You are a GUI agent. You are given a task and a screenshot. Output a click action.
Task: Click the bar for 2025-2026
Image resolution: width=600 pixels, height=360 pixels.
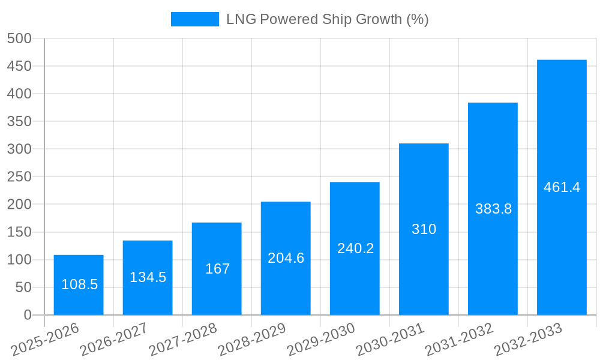point(79,285)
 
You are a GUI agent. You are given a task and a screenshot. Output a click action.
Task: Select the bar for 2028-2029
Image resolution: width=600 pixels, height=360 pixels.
point(286,258)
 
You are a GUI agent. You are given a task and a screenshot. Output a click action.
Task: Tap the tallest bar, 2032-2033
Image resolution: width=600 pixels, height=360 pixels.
point(562,187)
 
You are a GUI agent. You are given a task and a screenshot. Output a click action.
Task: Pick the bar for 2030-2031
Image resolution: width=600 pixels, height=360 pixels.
point(424,229)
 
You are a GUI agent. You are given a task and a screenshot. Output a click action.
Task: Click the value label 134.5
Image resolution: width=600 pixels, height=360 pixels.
point(148,277)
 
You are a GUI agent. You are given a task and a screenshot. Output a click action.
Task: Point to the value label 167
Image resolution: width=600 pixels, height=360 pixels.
point(217,269)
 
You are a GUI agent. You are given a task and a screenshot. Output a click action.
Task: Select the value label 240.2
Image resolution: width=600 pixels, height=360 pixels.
point(355,248)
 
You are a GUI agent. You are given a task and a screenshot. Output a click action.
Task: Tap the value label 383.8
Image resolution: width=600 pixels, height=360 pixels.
point(493,209)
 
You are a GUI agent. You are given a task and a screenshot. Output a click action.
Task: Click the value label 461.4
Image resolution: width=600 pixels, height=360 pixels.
point(562,187)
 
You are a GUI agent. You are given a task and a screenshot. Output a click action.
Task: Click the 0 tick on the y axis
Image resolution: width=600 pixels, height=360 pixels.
point(27,315)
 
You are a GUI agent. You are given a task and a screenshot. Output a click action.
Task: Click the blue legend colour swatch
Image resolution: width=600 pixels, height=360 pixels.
point(195,19)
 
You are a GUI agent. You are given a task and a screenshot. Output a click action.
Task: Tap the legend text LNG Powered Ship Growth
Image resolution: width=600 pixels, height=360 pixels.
point(327,19)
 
